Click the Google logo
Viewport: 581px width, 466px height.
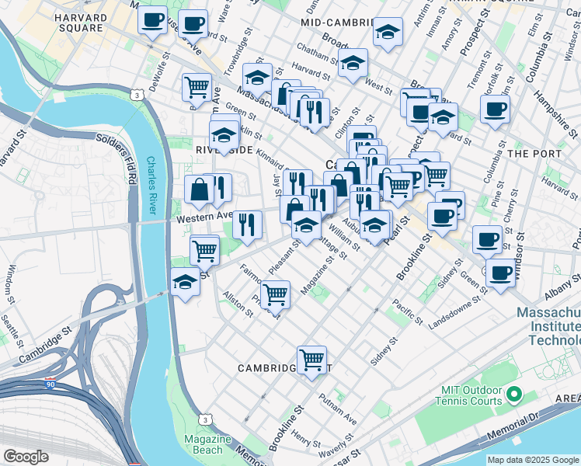pos(25,457)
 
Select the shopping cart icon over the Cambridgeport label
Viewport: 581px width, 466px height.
pos(311,360)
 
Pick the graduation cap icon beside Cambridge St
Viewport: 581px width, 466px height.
pos(185,283)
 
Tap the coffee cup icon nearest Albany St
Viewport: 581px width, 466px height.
pos(501,273)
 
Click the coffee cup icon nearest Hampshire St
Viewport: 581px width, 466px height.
pos(494,109)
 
